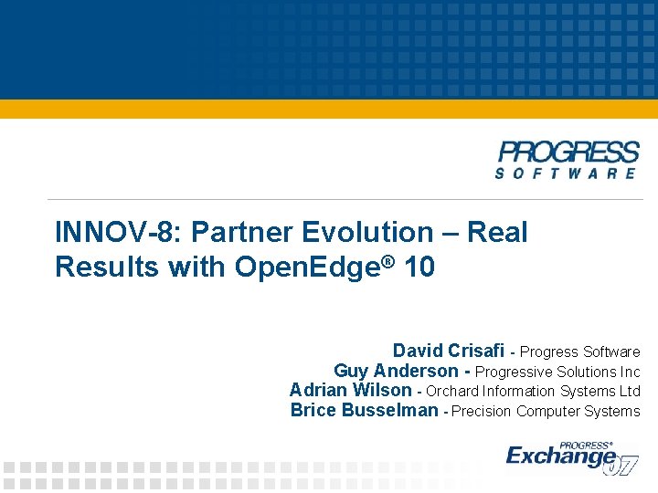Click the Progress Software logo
tap(568, 160)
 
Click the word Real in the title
tap(497, 233)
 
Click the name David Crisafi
tap(449, 351)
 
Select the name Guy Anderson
tap(396, 371)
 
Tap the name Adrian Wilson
tap(350, 391)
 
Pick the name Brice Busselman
tap(364, 411)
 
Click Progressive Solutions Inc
tap(557, 372)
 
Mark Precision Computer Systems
tap(546, 412)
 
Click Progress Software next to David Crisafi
tap(579, 351)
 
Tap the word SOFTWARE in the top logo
tap(567, 173)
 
